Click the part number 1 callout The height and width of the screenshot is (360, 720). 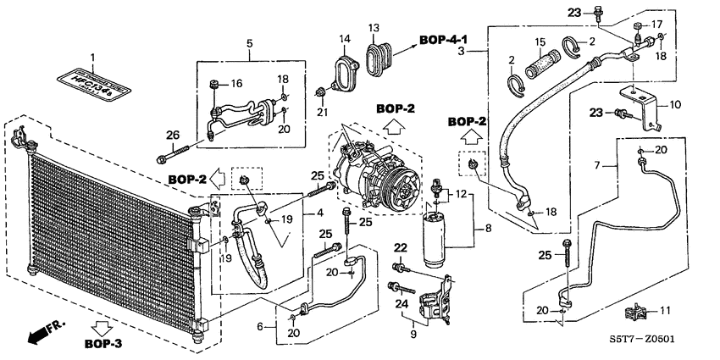pos(94,57)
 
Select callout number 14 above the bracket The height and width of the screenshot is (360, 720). pos(345,40)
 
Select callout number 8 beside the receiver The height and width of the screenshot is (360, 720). pos(487,228)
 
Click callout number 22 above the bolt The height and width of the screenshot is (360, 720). pos(400,246)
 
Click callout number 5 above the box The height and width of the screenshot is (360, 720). pos(249,42)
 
